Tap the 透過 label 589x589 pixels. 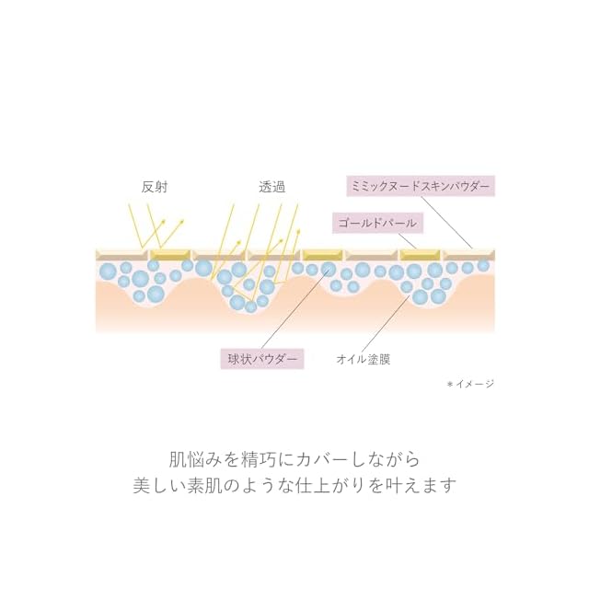click(x=272, y=186)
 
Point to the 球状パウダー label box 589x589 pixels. click(x=262, y=359)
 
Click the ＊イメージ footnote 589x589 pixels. click(x=469, y=384)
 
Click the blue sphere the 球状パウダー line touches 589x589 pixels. click(x=329, y=270)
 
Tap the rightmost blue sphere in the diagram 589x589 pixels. click(x=483, y=265)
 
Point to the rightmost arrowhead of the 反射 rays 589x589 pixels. click(x=182, y=221)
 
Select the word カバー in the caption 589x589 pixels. click(x=323, y=458)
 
